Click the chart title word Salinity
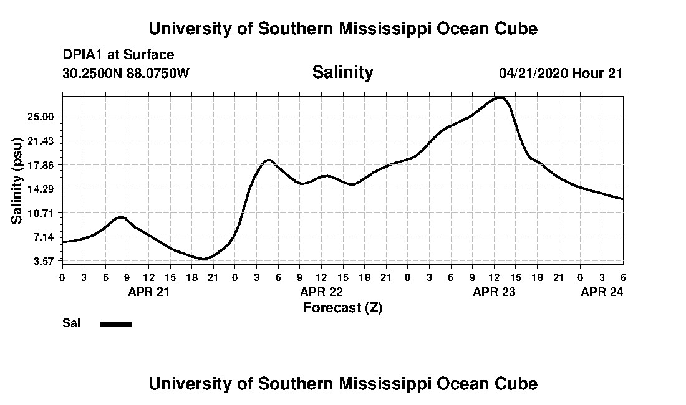coord(342,72)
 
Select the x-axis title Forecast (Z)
coord(342,307)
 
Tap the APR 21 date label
coord(148,292)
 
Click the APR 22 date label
coord(321,292)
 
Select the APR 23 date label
coord(494,292)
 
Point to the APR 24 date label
coord(602,292)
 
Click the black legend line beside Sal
coord(116,324)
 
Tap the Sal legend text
coord(70,323)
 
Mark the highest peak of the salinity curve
coord(500,97)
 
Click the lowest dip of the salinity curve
coord(204,259)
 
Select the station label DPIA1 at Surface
coord(118,55)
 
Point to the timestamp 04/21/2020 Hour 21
coord(561,73)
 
